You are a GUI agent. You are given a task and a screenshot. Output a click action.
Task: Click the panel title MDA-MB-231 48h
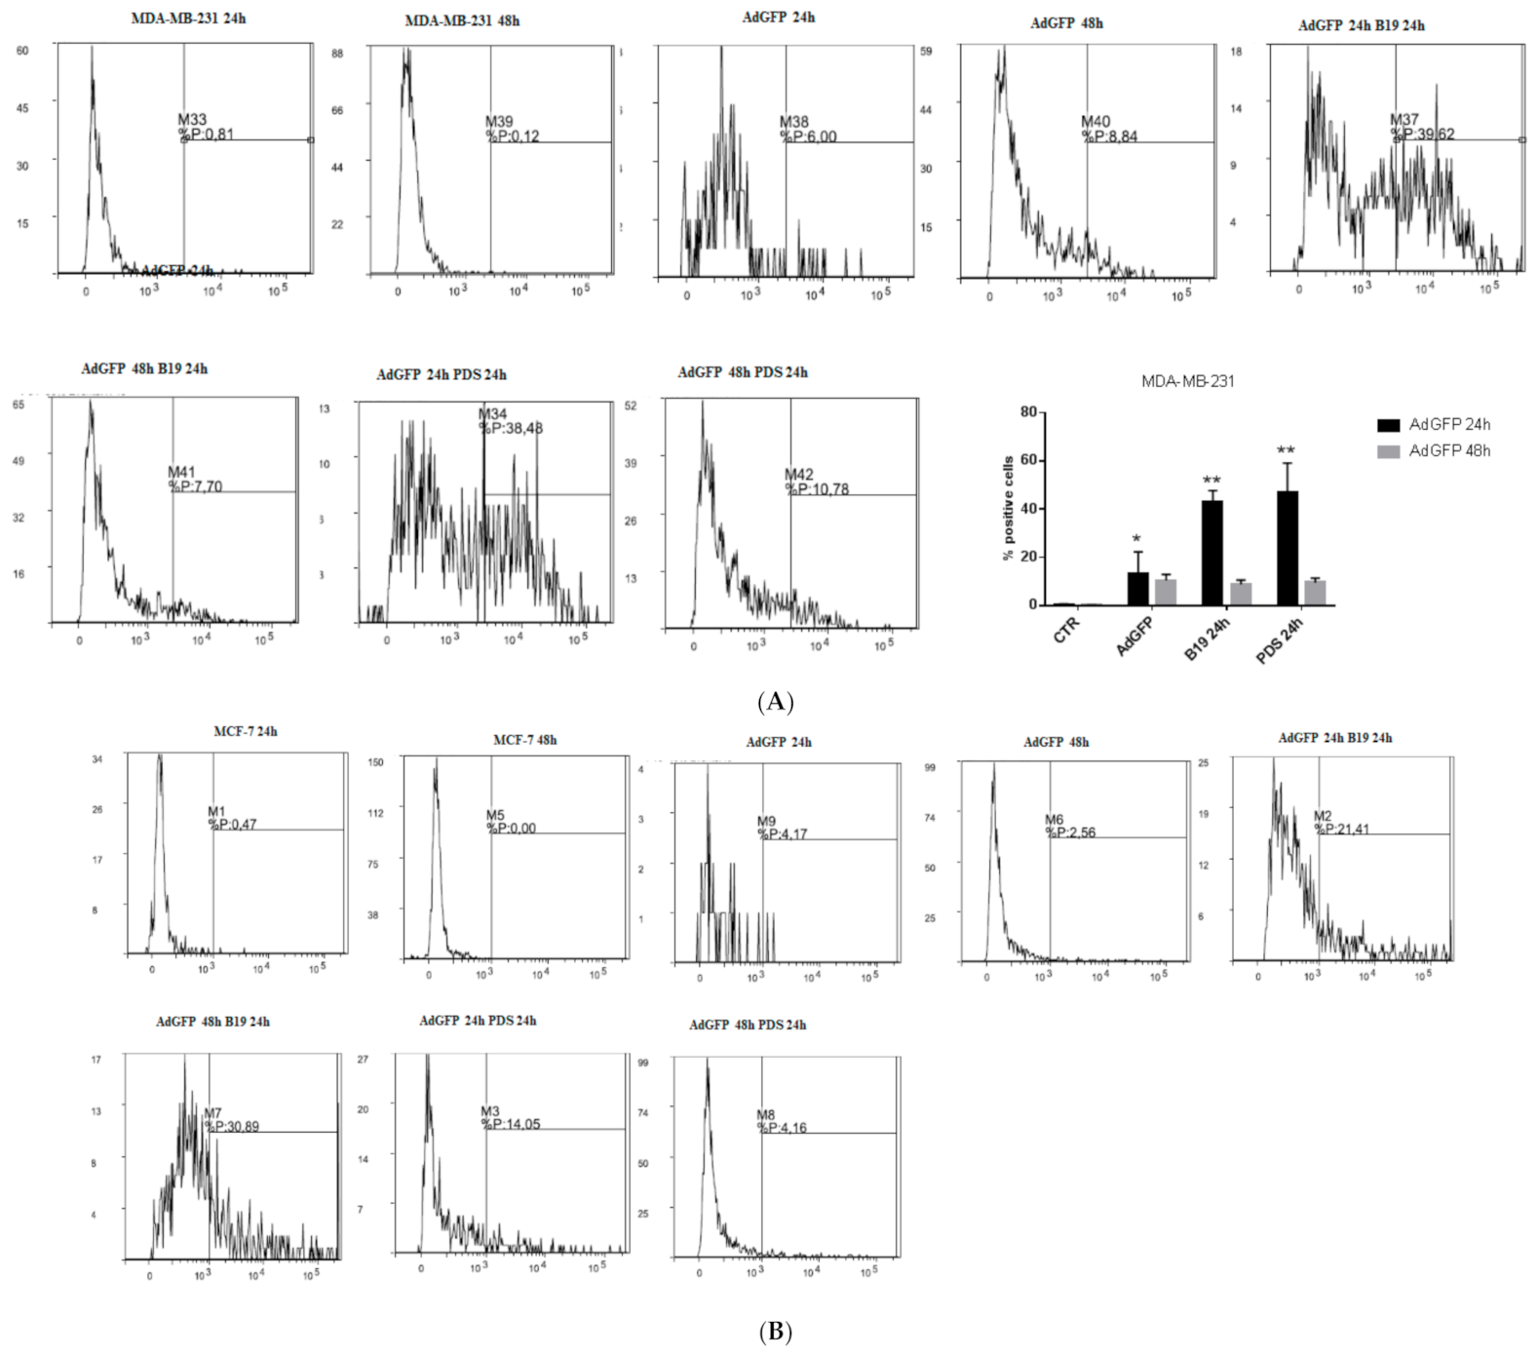tap(462, 20)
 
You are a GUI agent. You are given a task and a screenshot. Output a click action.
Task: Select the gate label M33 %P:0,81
tap(205, 127)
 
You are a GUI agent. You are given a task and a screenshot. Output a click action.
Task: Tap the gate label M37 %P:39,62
tap(1421, 127)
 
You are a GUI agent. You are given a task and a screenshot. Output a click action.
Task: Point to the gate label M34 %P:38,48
tap(510, 421)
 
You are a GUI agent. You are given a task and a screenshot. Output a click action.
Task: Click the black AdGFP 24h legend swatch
tap(1388, 425)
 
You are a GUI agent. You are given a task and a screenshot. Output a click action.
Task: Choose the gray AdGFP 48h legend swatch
tap(1388, 451)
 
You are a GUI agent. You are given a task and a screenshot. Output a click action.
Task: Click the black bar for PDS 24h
tap(1287, 548)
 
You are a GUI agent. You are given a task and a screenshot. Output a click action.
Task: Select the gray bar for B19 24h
tap(1241, 594)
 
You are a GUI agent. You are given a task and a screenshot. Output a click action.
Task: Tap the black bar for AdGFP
tap(1137, 588)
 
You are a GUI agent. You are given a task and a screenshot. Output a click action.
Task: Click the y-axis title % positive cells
tap(1008, 508)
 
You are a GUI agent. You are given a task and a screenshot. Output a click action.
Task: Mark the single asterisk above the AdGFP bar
tap(1136, 539)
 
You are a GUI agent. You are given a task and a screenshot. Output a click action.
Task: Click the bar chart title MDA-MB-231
tap(1187, 381)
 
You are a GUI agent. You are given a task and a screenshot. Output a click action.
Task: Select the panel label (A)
tap(775, 702)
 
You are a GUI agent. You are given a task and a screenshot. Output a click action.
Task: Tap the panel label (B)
tap(775, 1332)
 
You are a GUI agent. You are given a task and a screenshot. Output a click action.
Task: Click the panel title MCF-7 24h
tap(246, 731)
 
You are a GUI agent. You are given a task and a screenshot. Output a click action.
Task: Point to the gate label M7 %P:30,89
tap(231, 1120)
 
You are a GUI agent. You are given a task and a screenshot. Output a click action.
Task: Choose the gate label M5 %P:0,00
tap(510, 822)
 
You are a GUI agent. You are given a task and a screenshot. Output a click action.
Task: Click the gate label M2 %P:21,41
tap(1340, 823)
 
